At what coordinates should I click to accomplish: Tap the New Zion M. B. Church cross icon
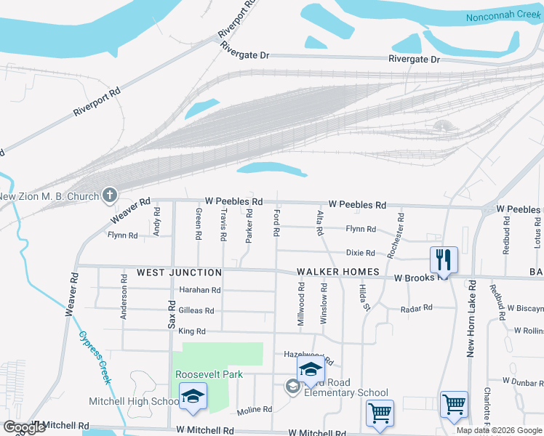pyautogui.click(x=110, y=195)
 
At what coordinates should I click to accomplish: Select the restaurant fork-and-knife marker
pyautogui.click(x=443, y=259)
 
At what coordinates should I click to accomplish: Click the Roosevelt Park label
pyautogui.click(x=208, y=374)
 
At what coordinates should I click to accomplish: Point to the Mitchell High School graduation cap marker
pyautogui.click(x=193, y=396)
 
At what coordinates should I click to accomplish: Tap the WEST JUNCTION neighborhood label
pyautogui.click(x=179, y=272)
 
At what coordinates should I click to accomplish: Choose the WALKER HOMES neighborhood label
pyautogui.click(x=338, y=272)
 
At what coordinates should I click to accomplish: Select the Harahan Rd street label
pyautogui.click(x=199, y=290)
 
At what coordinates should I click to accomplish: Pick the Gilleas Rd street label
pyautogui.click(x=196, y=310)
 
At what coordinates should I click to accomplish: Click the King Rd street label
pyautogui.click(x=192, y=331)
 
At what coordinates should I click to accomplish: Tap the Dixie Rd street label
pyautogui.click(x=360, y=253)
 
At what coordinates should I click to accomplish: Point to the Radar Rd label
pyautogui.click(x=417, y=308)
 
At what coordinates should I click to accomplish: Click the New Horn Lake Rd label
pyautogui.click(x=471, y=318)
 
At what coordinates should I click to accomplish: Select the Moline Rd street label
pyautogui.click(x=254, y=410)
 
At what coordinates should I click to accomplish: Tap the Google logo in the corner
pyautogui.click(x=24, y=427)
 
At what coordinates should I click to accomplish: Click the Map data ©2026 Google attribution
pyautogui.click(x=499, y=430)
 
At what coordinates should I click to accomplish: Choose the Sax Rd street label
pyautogui.click(x=172, y=316)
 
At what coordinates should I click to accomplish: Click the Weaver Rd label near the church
pyautogui.click(x=129, y=210)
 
